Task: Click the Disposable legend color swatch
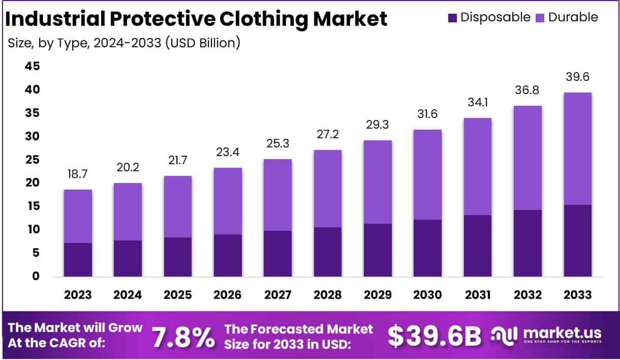coord(452,17)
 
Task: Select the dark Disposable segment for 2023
coord(78,259)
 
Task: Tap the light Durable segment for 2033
coord(577,148)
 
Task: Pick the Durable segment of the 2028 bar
coord(328,188)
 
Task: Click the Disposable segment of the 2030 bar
coord(427,248)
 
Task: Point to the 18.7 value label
coord(78,174)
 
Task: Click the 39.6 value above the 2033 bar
coord(577,77)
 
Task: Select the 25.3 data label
coord(278,144)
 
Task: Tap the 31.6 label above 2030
coord(427,114)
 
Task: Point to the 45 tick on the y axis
coord(32,67)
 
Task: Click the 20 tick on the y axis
coord(32,183)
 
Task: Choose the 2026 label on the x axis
coord(228,295)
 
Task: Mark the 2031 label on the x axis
coord(477,295)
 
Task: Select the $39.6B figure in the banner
coord(435,335)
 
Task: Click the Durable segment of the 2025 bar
coord(178,206)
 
